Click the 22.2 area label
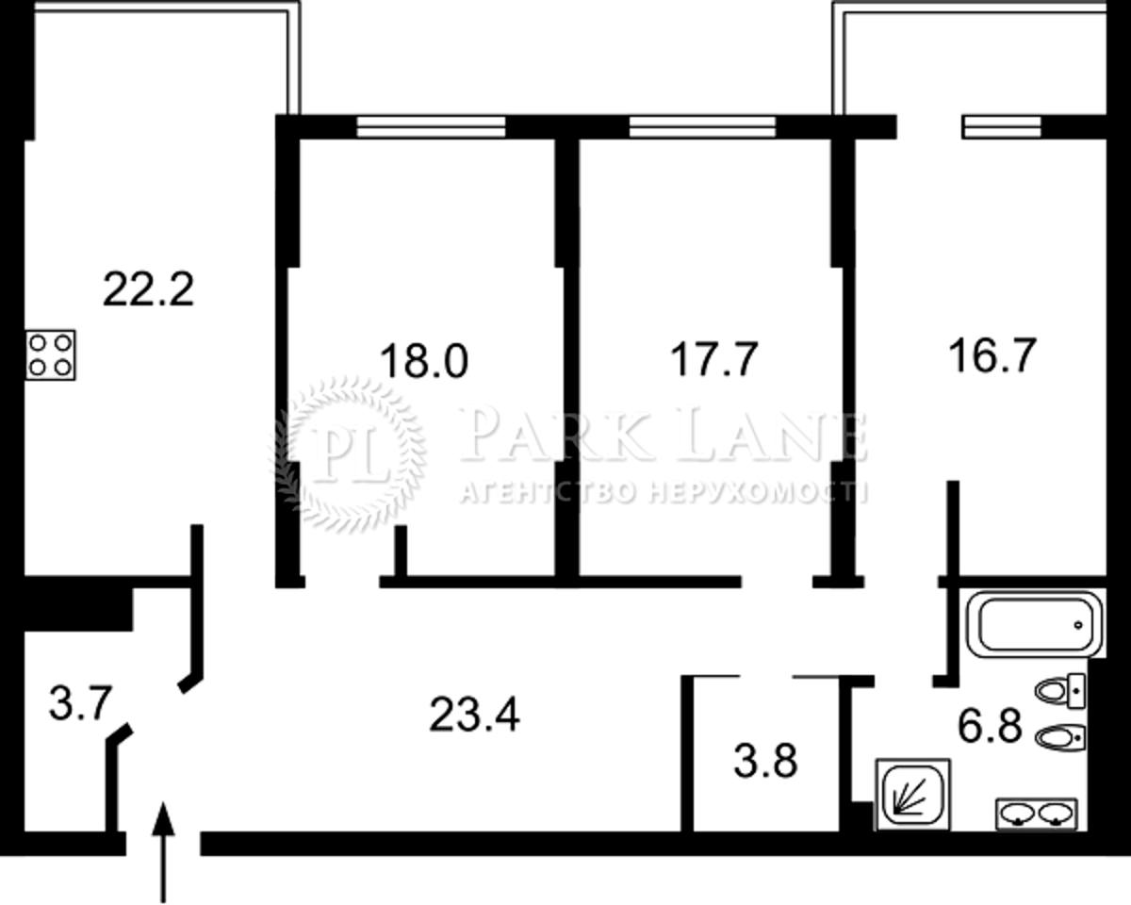[x=149, y=288]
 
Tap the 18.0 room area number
[x=423, y=360]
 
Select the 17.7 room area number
[x=714, y=359]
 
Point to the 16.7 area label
[x=992, y=356]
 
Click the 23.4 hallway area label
[x=475, y=715]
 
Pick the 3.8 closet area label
[x=765, y=761]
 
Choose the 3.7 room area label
[x=80, y=703]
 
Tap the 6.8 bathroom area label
[x=991, y=726]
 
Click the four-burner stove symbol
[x=51, y=355]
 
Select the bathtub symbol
[x=1035, y=624]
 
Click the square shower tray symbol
[x=912, y=794]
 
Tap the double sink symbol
[x=1037, y=814]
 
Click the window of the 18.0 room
[x=431, y=126]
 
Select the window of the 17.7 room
[x=702, y=126]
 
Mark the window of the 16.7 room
[x=1002, y=126]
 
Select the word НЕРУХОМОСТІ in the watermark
[x=758, y=493]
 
